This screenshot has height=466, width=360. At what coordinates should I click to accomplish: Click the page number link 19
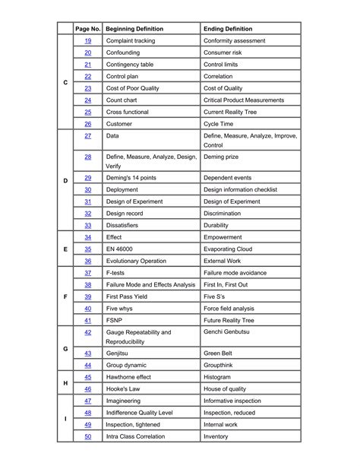pos(88,40)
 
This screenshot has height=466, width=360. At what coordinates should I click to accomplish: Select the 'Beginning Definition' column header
pos(134,28)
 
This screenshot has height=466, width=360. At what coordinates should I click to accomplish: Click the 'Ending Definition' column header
pos(227,28)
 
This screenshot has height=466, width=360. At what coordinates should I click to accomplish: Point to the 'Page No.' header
pos(88,28)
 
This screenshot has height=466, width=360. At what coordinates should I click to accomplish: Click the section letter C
pos(65,82)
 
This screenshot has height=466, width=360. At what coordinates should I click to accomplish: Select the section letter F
pos(65,296)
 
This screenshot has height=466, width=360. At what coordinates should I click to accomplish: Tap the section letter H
pos(65,382)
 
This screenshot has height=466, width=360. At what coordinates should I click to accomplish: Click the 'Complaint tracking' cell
pos(134,40)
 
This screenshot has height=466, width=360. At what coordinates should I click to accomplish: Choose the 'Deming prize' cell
pos(222,157)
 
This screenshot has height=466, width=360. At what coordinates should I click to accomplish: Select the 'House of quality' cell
pos(227,388)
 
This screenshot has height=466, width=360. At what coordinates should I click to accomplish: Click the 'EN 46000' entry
pos(121,249)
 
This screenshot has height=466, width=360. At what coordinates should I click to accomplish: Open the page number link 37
pos(88,272)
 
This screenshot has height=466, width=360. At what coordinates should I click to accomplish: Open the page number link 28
pos(88,157)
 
